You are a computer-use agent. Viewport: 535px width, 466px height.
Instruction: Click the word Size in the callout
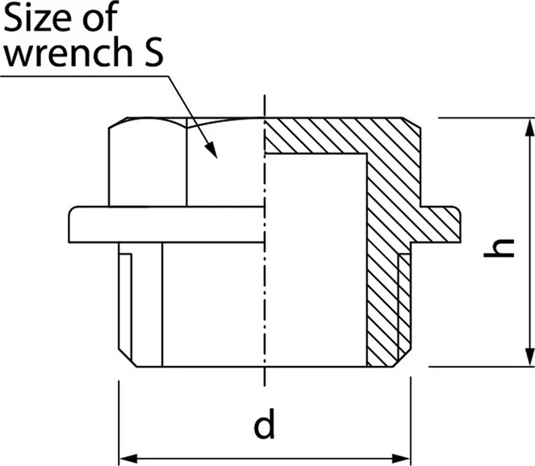tap(40, 16)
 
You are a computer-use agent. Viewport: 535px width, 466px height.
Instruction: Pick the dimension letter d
tap(264, 423)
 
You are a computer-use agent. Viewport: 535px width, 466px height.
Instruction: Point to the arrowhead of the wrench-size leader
tap(211, 150)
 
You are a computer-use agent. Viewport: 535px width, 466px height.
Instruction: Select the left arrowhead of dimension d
tap(128, 459)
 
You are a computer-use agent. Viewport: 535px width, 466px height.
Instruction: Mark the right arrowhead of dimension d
tap(401, 459)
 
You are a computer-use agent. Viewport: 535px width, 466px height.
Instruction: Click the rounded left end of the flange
tap(73, 225)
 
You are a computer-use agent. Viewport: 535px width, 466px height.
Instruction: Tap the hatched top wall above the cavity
tap(316, 135)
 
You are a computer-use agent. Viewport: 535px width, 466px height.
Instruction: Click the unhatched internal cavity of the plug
tap(316, 259)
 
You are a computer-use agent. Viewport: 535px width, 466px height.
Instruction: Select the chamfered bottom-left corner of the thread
tap(127, 358)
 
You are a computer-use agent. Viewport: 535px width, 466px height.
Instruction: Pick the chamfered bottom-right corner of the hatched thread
tap(402, 358)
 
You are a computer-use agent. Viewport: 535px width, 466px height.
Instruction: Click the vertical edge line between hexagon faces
tap(186, 162)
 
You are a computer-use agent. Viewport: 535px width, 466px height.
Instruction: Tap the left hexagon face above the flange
tap(148, 164)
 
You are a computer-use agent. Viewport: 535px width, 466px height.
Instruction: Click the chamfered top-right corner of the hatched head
tap(412, 123)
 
